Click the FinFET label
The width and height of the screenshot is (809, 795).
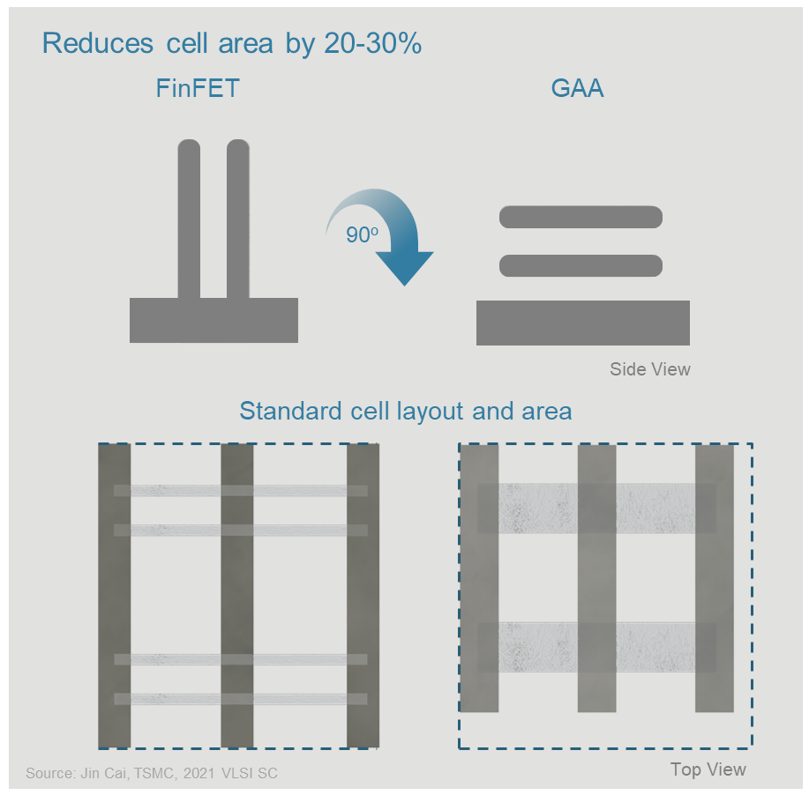pos(198,89)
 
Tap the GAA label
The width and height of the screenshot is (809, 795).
pos(577,89)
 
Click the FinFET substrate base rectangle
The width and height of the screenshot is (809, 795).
pos(213,320)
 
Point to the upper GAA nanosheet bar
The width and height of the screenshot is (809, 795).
pos(581,217)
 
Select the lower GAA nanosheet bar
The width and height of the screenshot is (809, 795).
pos(581,265)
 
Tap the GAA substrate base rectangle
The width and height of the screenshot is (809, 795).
pos(582,323)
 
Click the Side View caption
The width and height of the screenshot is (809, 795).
pos(649,369)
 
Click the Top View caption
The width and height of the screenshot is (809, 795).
pos(708,769)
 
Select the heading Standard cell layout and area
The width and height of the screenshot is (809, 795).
pos(405,412)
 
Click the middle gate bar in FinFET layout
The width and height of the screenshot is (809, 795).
pos(236,596)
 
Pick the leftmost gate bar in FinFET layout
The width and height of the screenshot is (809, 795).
pos(115,596)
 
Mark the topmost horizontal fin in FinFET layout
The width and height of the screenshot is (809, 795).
pos(240,490)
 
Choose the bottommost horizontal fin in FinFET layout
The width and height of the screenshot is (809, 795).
pos(240,699)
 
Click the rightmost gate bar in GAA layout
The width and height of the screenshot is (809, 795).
pos(715,578)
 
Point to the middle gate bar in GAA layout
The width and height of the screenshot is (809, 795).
pos(596,578)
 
